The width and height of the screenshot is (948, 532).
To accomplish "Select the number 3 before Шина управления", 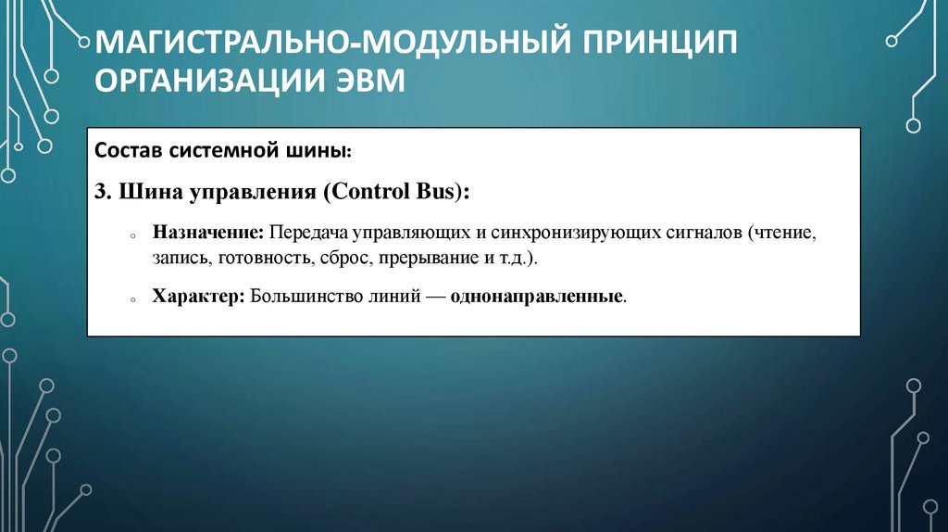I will pyautogui.click(x=99, y=192).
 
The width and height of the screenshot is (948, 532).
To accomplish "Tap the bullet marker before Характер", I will pyautogui.click(x=133, y=300).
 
